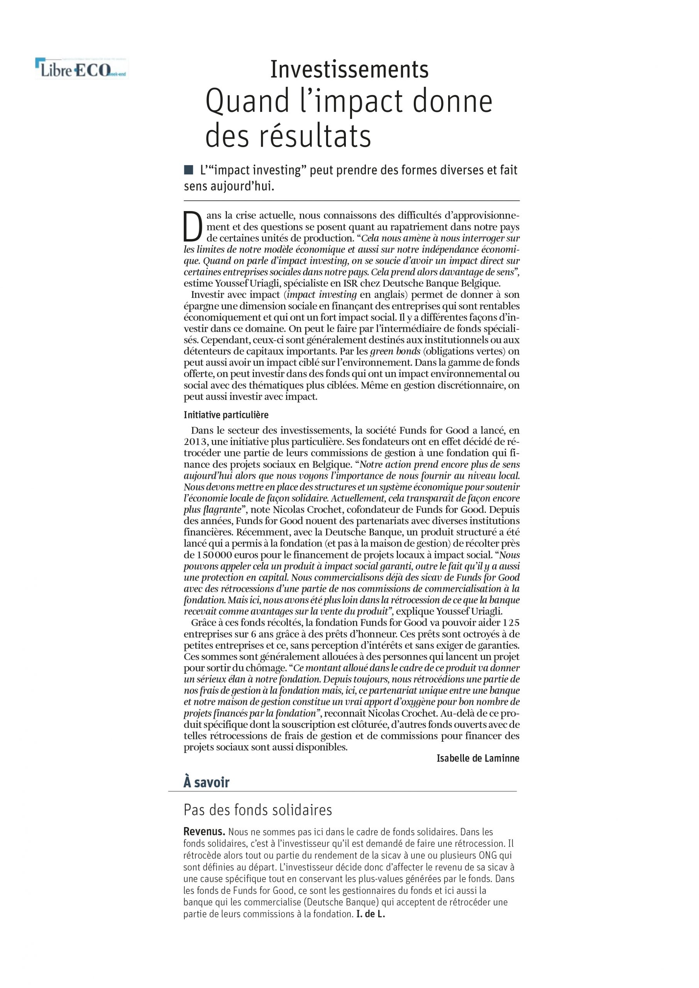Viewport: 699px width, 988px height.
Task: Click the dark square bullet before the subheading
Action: tap(188, 170)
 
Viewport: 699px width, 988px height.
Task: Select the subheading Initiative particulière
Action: tap(226, 415)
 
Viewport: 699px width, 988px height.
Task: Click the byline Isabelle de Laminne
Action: tap(478, 758)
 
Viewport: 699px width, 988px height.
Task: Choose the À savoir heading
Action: tap(206, 782)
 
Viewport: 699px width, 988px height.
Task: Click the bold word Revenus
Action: tap(204, 831)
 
